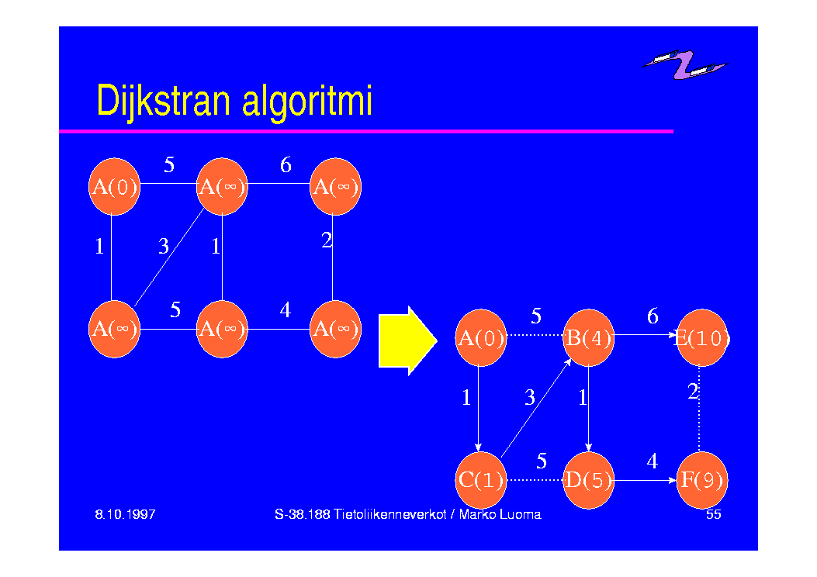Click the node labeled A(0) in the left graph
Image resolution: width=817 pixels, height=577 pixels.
click(x=114, y=186)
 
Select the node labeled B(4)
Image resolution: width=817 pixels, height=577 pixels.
click(x=588, y=337)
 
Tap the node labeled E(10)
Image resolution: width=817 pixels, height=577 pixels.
click(x=701, y=337)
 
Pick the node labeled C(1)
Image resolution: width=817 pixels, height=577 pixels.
click(x=480, y=480)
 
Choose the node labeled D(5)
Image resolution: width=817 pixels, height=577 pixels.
click(x=588, y=480)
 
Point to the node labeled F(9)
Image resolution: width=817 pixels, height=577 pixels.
click(x=701, y=480)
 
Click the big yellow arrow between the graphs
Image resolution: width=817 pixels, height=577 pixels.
click(x=407, y=340)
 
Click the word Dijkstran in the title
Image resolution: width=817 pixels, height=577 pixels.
click(x=164, y=101)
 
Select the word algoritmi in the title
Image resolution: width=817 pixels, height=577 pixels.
click(x=307, y=101)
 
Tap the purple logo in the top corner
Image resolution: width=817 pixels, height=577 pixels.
click(x=685, y=64)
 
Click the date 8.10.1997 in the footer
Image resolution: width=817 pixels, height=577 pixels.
click(x=125, y=514)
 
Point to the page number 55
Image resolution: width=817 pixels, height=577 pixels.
click(x=713, y=514)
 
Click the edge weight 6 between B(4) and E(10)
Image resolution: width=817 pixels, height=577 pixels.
click(x=653, y=316)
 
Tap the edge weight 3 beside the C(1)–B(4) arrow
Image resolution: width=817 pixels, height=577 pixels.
click(x=529, y=397)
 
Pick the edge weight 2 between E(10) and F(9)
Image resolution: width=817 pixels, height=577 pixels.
click(x=692, y=392)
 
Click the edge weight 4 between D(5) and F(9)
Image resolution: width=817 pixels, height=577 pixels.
click(x=652, y=461)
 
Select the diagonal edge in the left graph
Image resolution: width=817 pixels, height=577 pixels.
click(x=169, y=257)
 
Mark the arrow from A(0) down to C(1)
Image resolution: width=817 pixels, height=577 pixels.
click(x=478, y=409)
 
